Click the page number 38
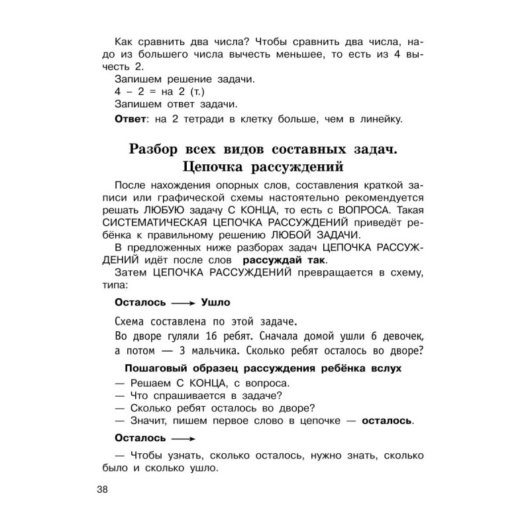click(x=106, y=490)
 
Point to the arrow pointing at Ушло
click(x=182, y=303)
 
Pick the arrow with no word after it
click(x=182, y=438)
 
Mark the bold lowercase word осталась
click(x=388, y=420)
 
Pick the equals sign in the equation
click(x=152, y=91)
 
